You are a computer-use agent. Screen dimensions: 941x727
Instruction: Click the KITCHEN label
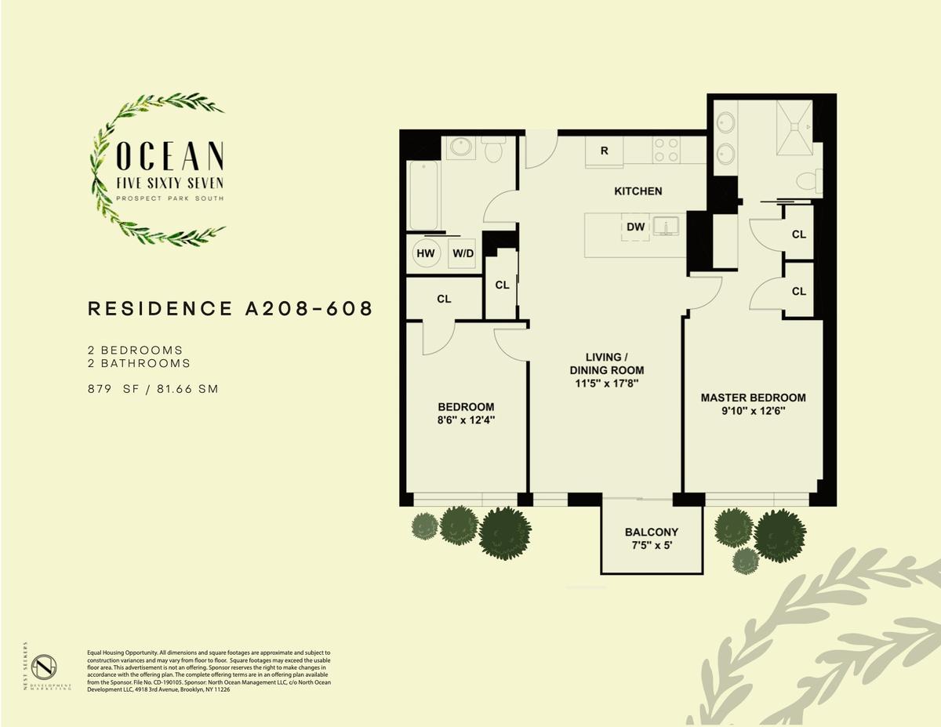point(638,191)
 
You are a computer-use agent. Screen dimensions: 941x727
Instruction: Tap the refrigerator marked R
point(604,151)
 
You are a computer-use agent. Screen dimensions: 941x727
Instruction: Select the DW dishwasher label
point(636,227)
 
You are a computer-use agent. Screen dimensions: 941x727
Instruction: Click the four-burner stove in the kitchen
point(666,150)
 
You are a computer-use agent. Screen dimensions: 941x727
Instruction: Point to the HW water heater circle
point(425,253)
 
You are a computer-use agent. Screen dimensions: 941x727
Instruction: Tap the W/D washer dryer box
point(462,254)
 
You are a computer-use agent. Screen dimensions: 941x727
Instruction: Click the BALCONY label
point(652,532)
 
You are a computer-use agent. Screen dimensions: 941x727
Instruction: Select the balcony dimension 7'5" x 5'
point(652,545)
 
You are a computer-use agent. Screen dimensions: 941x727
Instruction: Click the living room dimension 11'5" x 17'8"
point(607,383)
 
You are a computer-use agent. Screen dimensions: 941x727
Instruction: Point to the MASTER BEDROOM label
point(753,398)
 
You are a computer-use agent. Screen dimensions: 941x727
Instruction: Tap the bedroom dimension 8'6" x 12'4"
point(466,420)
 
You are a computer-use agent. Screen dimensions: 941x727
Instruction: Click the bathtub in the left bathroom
point(423,195)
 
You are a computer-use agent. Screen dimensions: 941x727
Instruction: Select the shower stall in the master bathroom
point(794,127)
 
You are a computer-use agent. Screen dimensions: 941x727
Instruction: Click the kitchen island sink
point(666,227)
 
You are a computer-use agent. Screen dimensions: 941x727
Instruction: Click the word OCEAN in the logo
point(170,156)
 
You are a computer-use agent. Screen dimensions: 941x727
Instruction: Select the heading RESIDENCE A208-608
point(231,309)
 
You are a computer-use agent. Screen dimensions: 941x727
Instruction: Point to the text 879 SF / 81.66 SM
point(153,389)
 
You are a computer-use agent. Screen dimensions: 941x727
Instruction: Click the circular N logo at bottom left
point(45,667)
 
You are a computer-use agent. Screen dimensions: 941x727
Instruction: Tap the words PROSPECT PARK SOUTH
point(169,198)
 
